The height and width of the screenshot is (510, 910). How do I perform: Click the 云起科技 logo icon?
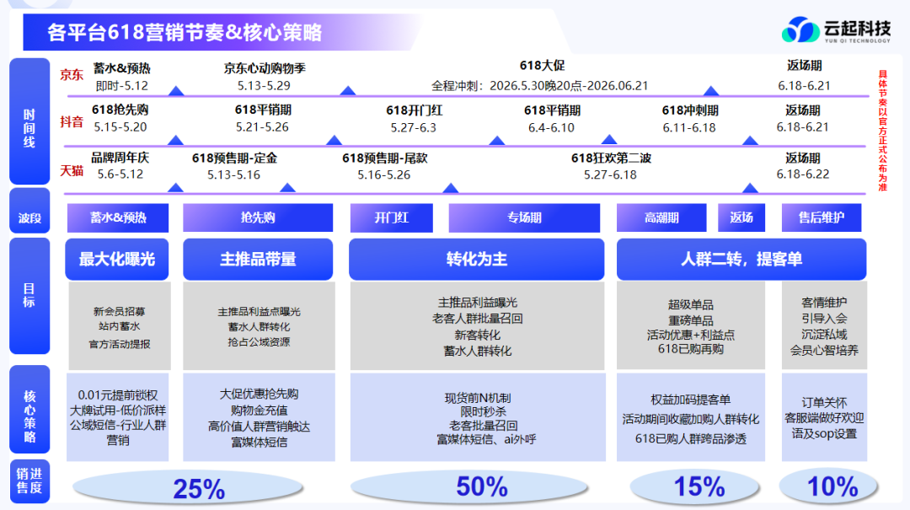(x=800, y=29)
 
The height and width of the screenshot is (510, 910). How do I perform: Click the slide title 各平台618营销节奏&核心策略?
(x=185, y=33)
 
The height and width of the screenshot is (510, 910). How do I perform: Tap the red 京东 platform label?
(x=72, y=75)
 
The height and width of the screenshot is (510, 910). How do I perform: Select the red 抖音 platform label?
(x=72, y=122)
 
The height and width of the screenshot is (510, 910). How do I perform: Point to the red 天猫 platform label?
(x=72, y=170)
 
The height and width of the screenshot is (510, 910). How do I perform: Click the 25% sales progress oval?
(x=187, y=487)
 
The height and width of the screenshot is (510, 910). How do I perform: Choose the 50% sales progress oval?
(x=469, y=486)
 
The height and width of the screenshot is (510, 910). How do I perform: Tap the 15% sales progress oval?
(x=695, y=486)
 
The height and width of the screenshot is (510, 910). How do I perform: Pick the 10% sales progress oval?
(x=828, y=486)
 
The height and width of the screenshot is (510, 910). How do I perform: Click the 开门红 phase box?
(x=391, y=217)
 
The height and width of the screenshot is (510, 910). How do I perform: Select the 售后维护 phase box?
(x=822, y=217)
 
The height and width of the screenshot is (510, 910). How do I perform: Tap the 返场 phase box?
(x=741, y=217)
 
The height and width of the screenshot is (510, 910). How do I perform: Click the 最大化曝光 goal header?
(x=116, y=259)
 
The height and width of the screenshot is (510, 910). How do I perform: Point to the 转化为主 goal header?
(x=476, y=259)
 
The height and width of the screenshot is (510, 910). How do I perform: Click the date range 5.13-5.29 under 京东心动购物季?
(x=264, y=86)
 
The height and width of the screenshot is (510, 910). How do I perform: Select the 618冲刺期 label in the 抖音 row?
(x=690, y=110)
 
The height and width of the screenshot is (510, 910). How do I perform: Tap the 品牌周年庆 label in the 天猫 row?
(x=120, y=158)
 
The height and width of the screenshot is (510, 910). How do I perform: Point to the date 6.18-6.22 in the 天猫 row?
(x=803, y=174)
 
